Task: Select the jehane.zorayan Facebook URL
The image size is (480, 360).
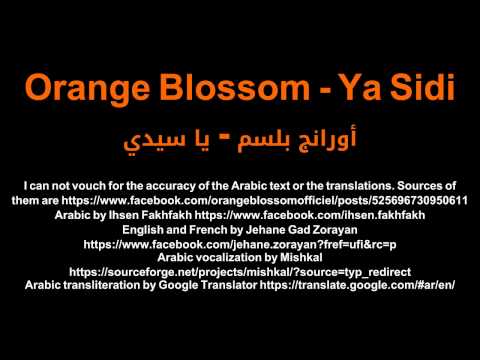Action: tap(240, 243)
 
